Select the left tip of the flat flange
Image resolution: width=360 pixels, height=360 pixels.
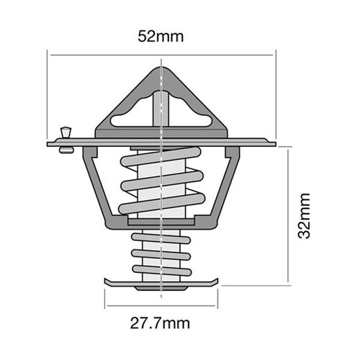click(x=49, y=143)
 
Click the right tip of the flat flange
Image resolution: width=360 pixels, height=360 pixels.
click(x=274, y=143)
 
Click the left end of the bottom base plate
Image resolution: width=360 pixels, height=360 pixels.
click(x=107, y=281)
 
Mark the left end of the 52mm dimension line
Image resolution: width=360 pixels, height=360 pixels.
click(x=48, y=53)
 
